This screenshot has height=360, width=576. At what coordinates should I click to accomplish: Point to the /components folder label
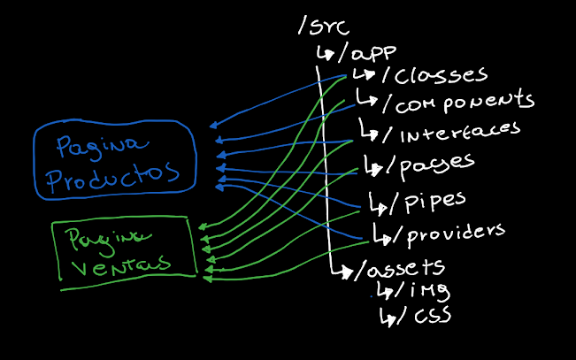457,102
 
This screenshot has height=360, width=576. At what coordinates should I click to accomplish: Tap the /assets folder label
398,267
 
